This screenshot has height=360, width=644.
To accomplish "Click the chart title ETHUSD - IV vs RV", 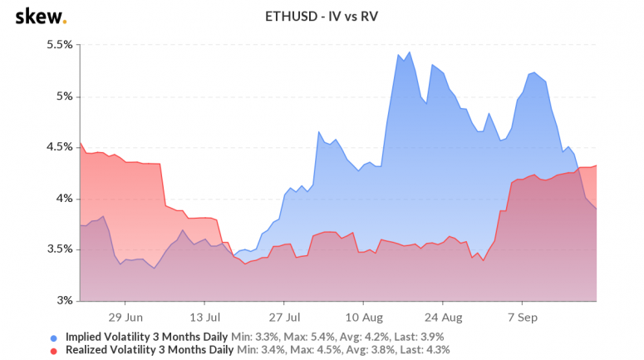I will click(x=322, y=16).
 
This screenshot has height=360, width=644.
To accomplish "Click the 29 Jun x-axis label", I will click(x=125, y=317).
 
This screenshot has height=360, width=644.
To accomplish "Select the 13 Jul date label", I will click(x=204, y=317).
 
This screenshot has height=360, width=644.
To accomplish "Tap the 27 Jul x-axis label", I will click(x=284, y=317).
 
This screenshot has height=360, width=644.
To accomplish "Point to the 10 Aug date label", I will click(x=363, y=317).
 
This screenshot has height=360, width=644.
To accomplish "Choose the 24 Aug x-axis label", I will click(x=443, y=317).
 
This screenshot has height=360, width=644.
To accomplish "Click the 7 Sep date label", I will click(x=522, y=317).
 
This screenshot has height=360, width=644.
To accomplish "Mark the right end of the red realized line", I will click(x=597, y=165).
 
